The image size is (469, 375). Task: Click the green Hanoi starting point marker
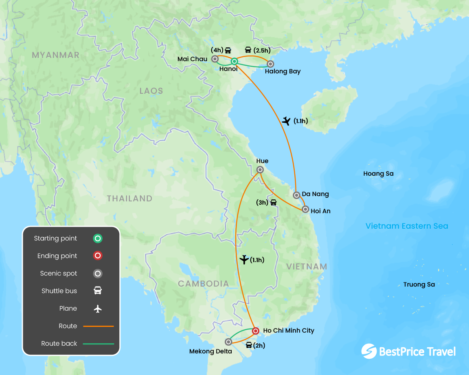coord(234,62)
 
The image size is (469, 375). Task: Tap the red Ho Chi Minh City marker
coord(255,331)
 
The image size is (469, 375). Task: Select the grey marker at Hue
coord(260,170)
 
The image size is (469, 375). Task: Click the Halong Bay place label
coord(283,71)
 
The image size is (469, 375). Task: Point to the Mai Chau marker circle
coord(215,59)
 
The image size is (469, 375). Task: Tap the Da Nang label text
coord(315,194)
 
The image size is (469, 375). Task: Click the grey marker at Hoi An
coord(305,210)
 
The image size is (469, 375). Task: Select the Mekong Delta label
coord(210,351)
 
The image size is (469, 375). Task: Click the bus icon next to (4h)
coord(228,50)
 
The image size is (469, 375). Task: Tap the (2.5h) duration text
coord(262,50)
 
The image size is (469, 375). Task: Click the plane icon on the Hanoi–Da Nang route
coord(287,121)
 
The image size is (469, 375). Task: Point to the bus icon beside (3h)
coord(273,202)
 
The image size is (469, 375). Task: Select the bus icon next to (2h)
coord(249,345)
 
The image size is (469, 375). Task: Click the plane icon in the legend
coord(97,309)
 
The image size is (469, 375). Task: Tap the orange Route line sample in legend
coord(98,326)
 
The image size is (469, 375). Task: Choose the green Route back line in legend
coord(98,344)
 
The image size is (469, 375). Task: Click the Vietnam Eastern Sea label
coord(406,226)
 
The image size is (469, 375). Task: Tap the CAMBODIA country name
coord(203,284)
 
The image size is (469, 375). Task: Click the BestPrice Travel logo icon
coord(368,351)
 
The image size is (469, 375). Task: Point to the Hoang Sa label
coord(378,174)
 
